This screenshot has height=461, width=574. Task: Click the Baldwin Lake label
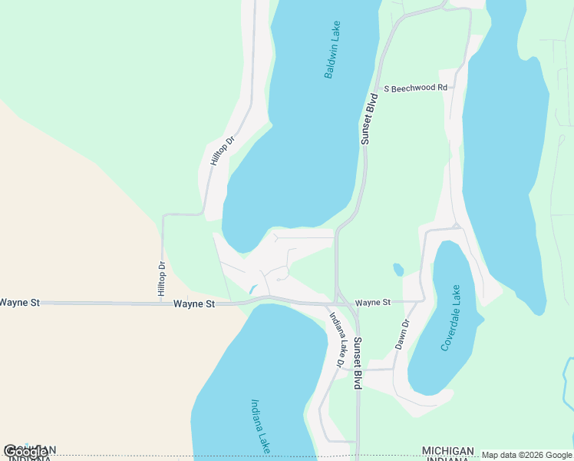click(x=332, y=50)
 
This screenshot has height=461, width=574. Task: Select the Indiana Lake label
click(x=261, y=425)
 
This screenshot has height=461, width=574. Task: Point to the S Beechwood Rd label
click(x=415, y=88)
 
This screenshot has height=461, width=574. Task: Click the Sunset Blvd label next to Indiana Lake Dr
click(x=358, y=364)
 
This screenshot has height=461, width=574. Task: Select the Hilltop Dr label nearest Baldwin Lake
click(x=221, y=151)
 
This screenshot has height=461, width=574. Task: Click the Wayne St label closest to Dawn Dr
click(x=373, y=303)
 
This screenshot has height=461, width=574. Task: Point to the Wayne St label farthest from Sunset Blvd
click(x=19, y=303)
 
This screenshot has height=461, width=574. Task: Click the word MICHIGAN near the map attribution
click(x=447, y=450)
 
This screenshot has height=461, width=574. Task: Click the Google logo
click(x=26, y=452)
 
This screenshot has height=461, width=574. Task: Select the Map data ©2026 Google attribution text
click(x=526, y=456)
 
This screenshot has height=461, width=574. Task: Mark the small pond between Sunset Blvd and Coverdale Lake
click(x=398, y=270)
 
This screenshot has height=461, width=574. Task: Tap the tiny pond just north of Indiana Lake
click(x=252, y=290)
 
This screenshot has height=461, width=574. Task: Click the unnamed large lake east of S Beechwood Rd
click(x=503, y=154)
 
